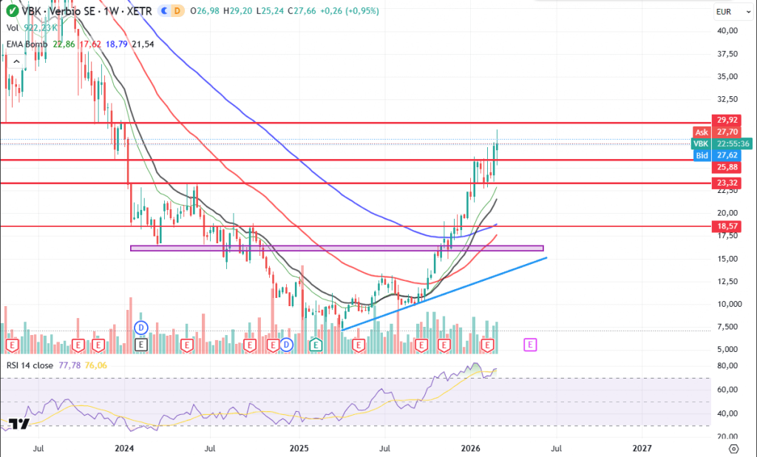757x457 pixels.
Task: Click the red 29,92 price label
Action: [724, 120]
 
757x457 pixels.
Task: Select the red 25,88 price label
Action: [724, 168]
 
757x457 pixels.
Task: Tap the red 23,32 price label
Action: [724, 183]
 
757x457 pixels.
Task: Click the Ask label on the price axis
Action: [702, 132]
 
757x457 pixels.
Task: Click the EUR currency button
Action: [724, 12]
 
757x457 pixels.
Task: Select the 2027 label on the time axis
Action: [642, 448]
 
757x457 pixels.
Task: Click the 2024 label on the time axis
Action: [124, 448]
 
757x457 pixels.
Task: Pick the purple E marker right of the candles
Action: [530, 345]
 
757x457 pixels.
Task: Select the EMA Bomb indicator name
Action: [27, 44]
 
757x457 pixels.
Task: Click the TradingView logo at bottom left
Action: [20, 424]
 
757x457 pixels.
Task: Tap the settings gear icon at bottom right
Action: [733, 449]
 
